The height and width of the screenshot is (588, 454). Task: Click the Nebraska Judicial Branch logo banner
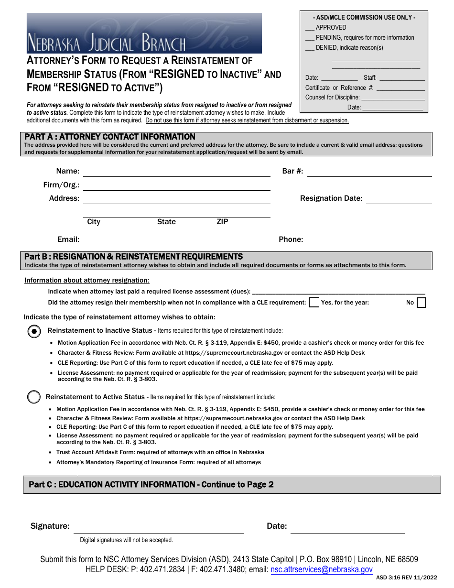coord(144,33)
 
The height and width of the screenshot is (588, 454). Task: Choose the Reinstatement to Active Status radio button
coord(34,397)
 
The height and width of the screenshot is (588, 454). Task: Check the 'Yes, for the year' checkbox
coord(314,302)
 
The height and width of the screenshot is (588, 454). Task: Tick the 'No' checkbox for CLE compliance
coord(421,303)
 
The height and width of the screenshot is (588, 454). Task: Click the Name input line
coord(177,173)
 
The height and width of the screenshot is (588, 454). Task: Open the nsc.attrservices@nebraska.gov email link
coord(322,569)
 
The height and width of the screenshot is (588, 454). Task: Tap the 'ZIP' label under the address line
coord(222,222)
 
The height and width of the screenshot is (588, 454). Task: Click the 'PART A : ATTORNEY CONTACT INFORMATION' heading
coord(110,137)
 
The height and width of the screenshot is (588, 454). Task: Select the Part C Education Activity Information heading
coord(151,485)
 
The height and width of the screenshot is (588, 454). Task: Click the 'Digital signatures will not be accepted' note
coord(126,540)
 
